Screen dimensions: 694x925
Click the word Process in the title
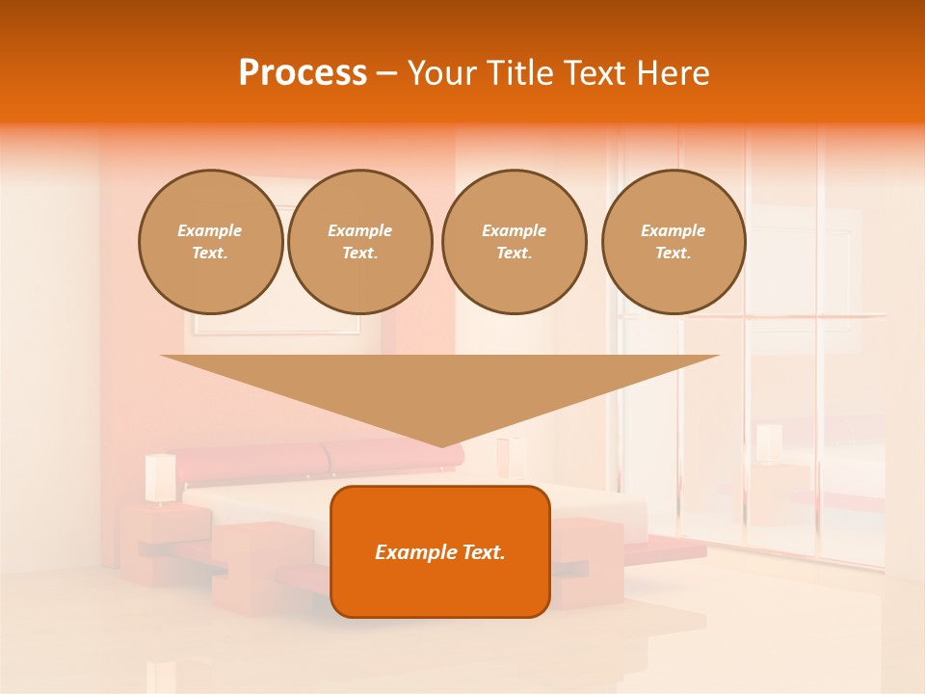[303, 73]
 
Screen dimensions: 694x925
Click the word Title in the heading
[518, 73]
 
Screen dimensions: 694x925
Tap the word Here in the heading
[674, 73]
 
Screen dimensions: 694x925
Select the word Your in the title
[441, 73]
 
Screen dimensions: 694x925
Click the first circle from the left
[211, 242]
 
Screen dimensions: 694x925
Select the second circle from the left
[360, 242]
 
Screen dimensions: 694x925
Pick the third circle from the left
[515, 242]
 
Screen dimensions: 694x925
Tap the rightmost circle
[674, 242]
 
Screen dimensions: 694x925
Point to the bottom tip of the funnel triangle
[441, 446]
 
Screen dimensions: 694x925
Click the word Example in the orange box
[412, 552]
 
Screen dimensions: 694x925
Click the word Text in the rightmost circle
[673, 254]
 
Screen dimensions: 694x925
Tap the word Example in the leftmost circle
[210, 231]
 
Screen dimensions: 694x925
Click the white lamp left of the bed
[160, 477]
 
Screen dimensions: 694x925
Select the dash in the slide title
[387, 73]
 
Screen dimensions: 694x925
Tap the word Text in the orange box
[483, 552]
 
